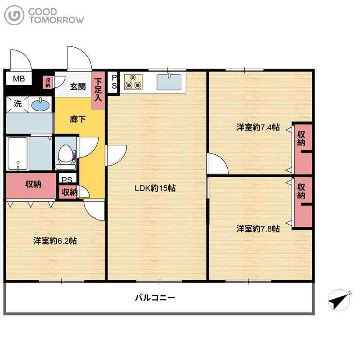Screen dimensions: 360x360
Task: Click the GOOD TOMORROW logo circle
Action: (14, 15)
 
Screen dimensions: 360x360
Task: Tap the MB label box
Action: (19, 79)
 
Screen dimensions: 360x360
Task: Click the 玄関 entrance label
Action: (78, 86)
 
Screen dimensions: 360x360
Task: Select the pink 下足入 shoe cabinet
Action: (98, 90)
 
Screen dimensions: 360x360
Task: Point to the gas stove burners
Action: (133, 82)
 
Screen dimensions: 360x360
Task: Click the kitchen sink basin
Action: (169, 82)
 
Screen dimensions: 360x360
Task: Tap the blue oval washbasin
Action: (40, 105)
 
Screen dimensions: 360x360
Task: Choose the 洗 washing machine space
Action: (18, 104)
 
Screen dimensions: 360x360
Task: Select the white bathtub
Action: (18, 153)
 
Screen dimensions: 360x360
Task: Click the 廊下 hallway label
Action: (78, 119)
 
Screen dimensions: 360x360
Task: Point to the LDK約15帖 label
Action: (155, 188)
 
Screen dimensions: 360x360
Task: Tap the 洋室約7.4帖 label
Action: (258, 127)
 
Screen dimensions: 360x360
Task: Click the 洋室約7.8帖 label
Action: (258, 229)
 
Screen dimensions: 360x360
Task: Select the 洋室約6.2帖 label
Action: (55, 241)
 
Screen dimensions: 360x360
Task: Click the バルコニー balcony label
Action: (155, 298)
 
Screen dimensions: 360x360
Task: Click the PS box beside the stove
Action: (114, 82)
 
